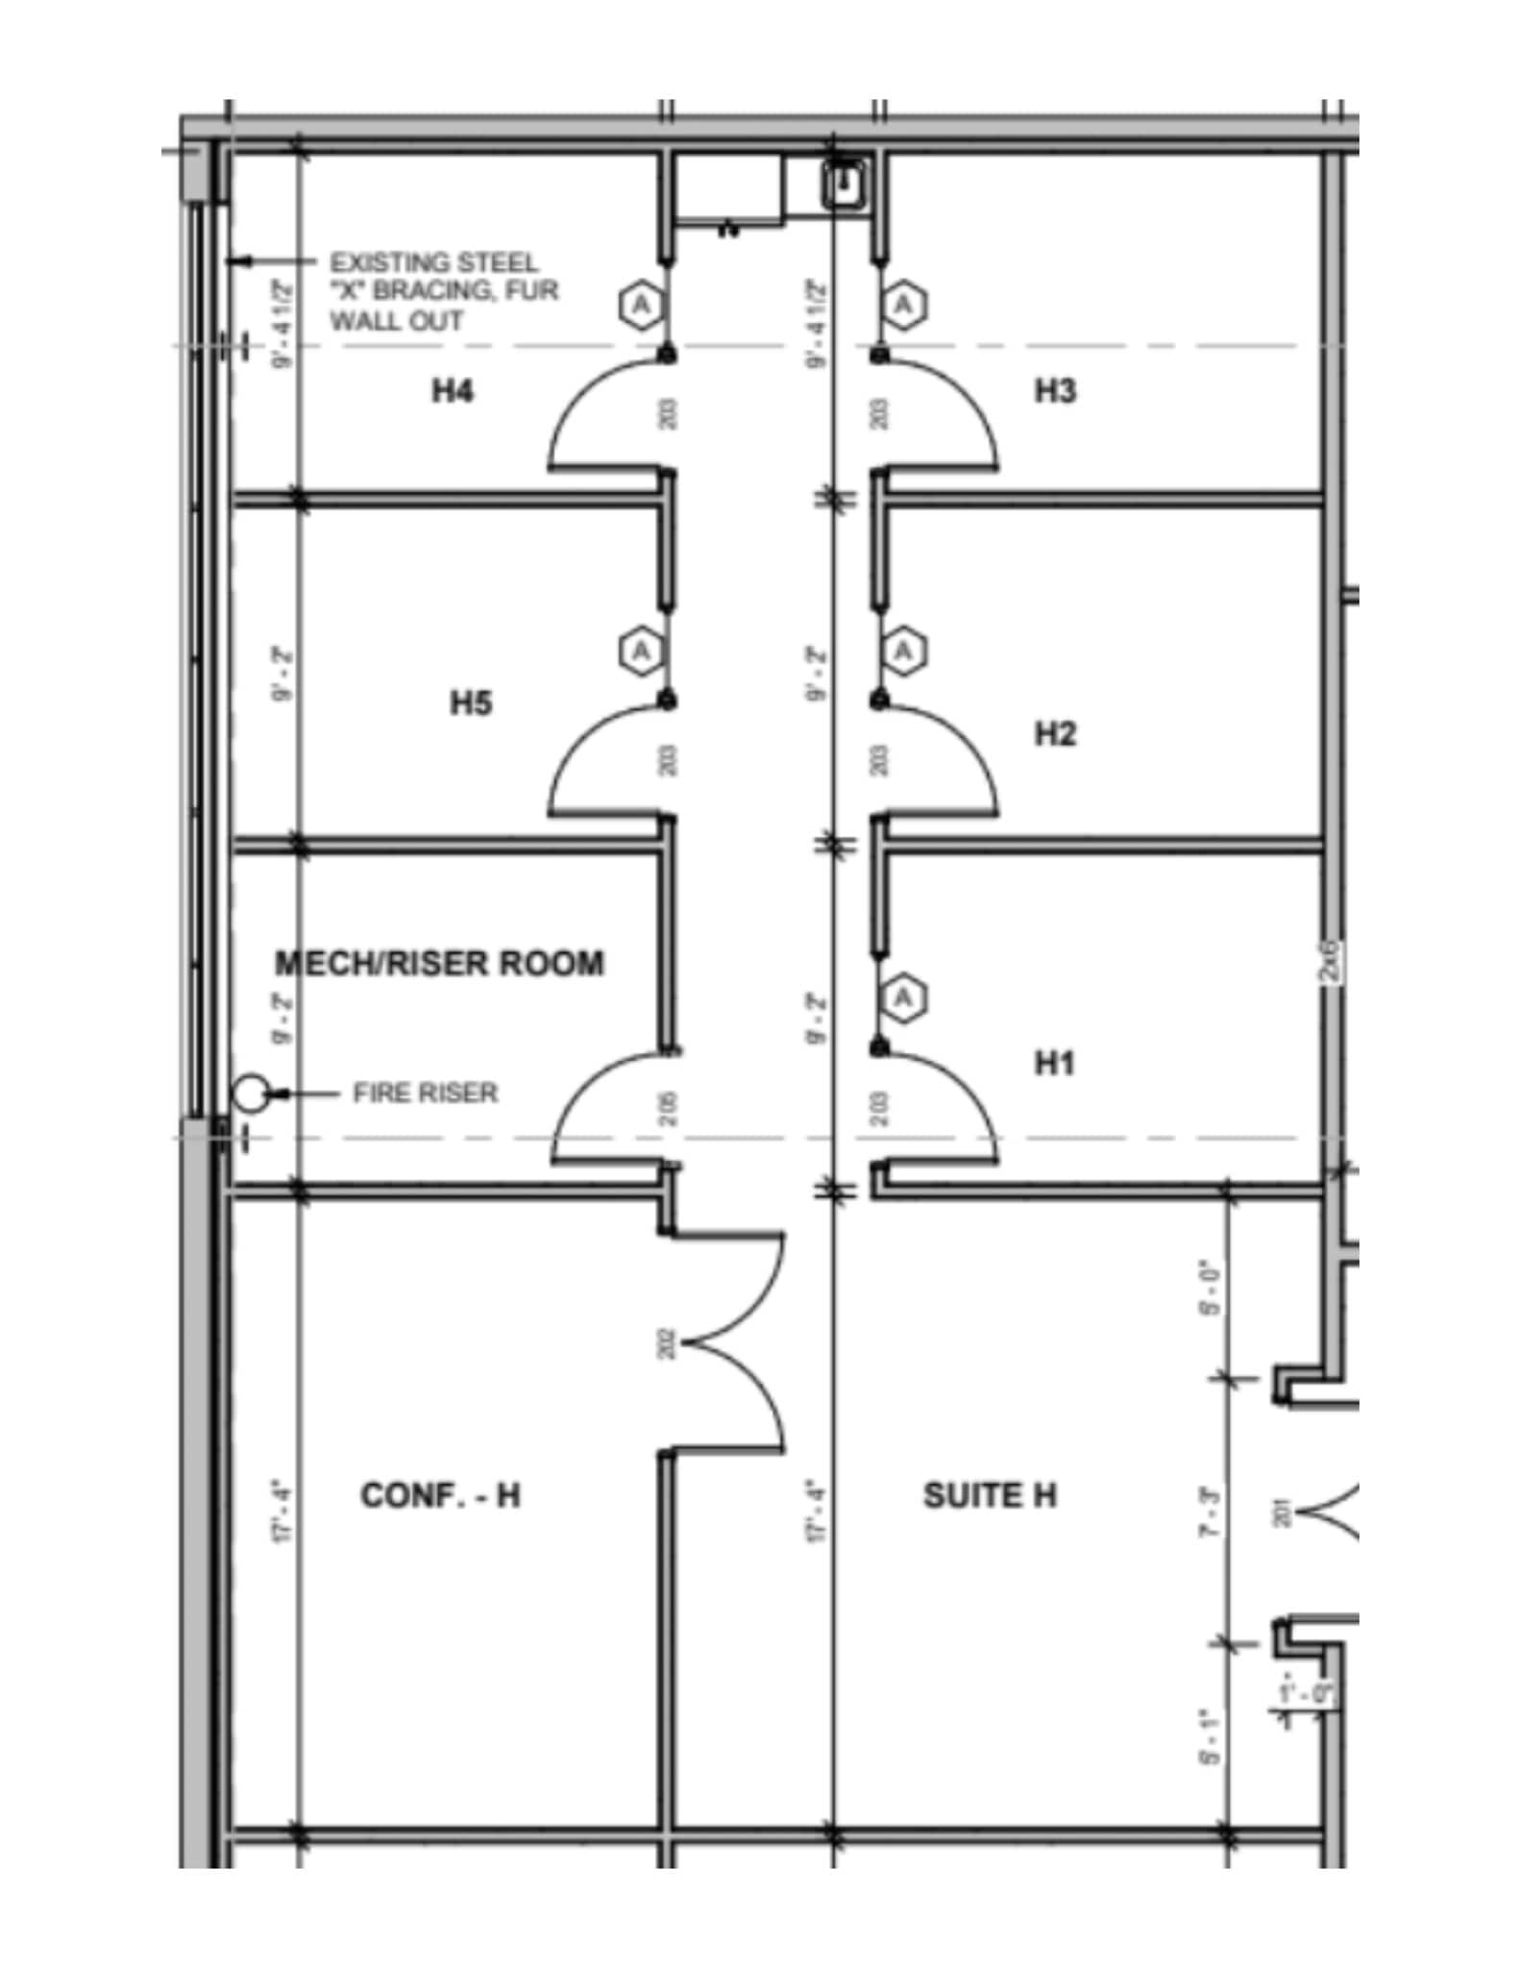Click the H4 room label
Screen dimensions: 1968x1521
[x=452, y=391]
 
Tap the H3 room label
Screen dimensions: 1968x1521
[x=1054, y=391]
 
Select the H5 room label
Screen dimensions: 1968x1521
[x=471, y=703]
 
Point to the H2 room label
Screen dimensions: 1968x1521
[x=1054, y=734]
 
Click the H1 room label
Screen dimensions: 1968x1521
[x=1054, y=1063]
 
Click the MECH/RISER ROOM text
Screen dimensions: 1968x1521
[x=440, y=963]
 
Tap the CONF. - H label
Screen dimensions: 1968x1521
[x=440, y=1495]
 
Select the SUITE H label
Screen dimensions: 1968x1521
[x=990, y=1495]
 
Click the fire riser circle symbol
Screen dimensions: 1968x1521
[x=249, y=1093]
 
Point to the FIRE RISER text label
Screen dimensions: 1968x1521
[x=425, y=1093]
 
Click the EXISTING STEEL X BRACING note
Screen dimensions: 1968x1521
[x=443, y=290]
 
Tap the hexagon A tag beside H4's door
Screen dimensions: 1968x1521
[x=641, y=306]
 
